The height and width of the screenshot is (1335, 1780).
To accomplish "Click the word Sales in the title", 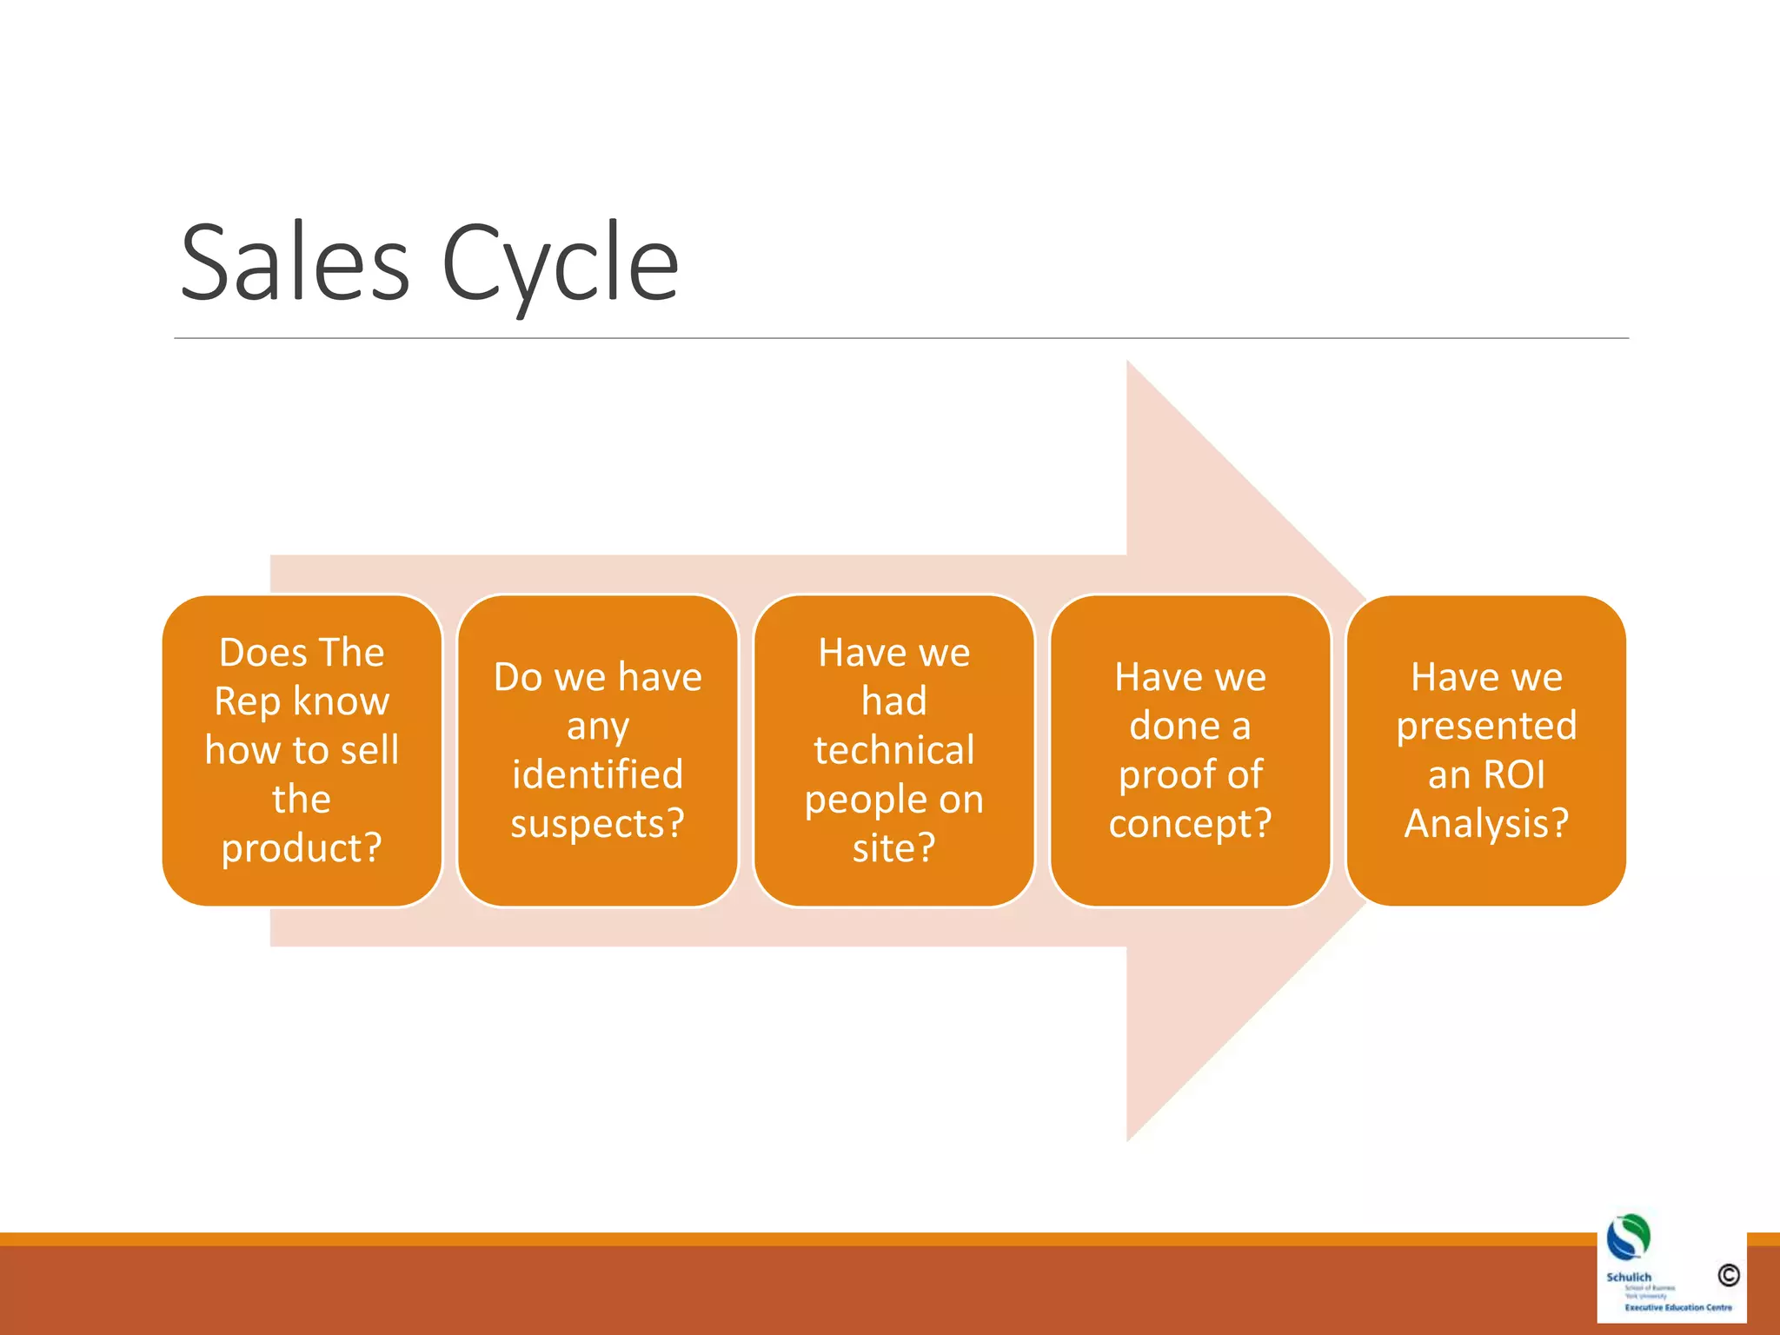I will [294, 263].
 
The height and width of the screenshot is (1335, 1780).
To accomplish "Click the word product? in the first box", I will [302, 847].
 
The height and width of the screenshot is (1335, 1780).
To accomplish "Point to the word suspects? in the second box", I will [598, 823].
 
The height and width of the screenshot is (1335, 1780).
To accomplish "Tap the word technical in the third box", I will [893, 750].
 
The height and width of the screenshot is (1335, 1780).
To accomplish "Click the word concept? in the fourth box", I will [1190, 823].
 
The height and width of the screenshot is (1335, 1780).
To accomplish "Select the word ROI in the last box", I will [1512, 774].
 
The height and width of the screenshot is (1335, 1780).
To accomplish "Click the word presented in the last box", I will [1486, 726].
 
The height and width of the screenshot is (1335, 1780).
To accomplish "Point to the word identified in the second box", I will [598, 774].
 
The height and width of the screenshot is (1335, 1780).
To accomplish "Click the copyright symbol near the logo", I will [1728, 1275].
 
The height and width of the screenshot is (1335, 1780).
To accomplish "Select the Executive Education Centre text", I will [1677, 1307].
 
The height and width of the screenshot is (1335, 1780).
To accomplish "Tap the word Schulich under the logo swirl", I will [1628, 1277].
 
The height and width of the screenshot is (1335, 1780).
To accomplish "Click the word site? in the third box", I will [893, 847].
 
